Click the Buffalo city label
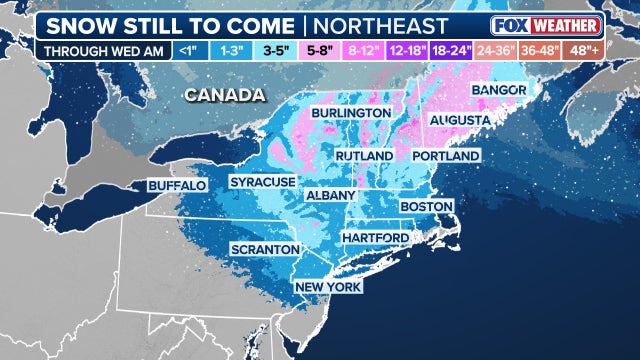click(177, 186)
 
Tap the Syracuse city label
click(262, 182)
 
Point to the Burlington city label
click(350, 114)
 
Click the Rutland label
click(362, 156)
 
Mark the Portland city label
click(446, 157)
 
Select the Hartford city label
click(375, 238)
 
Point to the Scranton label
click(264, 248)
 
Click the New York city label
click(326, 287)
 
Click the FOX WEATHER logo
click(547, 25)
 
